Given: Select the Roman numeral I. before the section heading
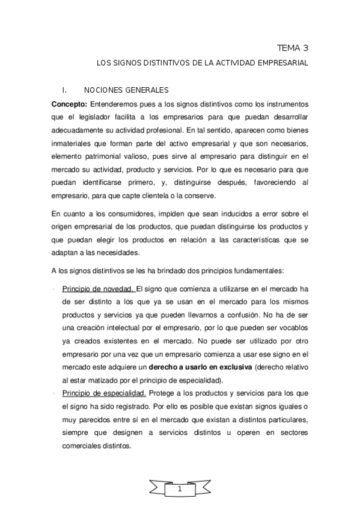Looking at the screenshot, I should tap(56, 90).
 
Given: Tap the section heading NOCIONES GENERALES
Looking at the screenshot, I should tap(126, 90).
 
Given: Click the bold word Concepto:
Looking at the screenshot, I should tap(70, 103).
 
